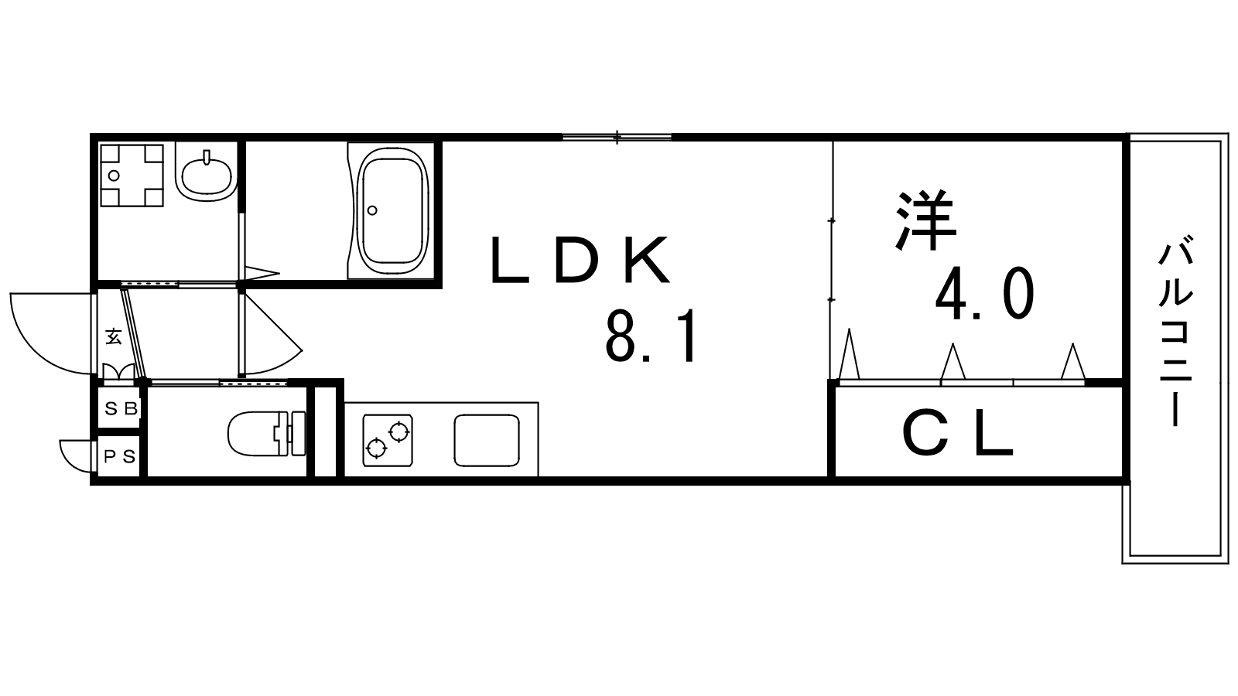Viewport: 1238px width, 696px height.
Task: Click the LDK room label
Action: [x=580, y=260]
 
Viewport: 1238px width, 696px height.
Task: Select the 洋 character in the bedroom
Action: [x=925, y=220]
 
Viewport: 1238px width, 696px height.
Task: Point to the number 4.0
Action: [x=984, y=294]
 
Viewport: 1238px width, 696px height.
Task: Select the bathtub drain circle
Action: [x=372, y=210]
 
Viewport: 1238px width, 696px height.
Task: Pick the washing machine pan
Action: [x=132, y=176]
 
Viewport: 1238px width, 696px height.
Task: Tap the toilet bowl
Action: [x=266, y=433]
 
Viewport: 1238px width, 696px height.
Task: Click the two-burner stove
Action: [x=388, y=440]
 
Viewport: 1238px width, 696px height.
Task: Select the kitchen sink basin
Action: [x=487, y=440]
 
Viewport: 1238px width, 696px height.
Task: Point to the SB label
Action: [x=121, y=409]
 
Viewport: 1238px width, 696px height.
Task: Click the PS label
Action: [x=120, y=457]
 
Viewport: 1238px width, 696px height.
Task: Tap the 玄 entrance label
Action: [x=113, y=337]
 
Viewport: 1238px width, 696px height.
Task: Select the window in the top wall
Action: [x=617, y=136]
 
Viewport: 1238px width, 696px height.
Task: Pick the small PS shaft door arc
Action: [x=77, y=455]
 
